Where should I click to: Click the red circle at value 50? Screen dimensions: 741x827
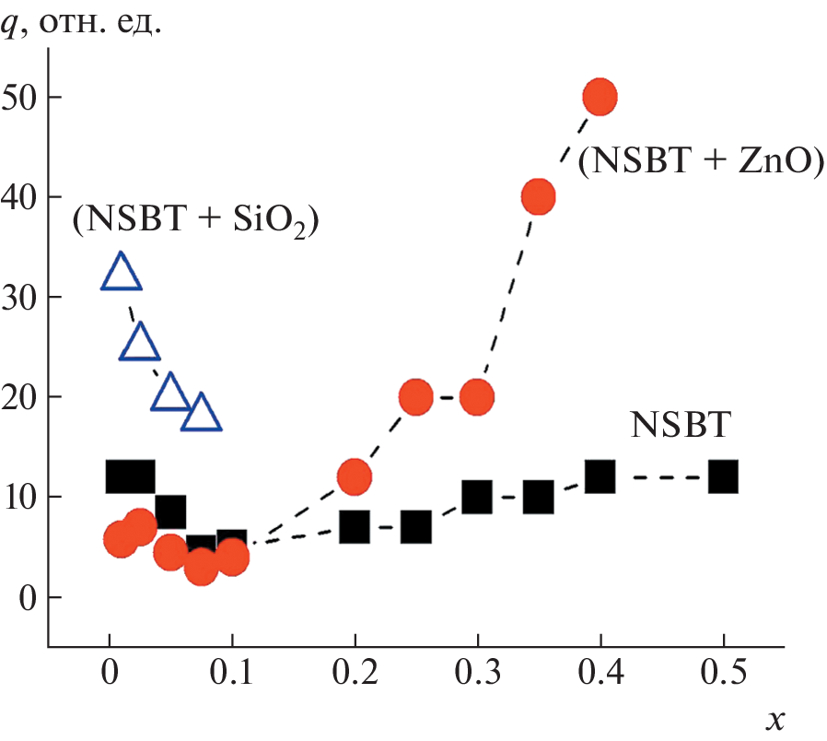tap(600, 96)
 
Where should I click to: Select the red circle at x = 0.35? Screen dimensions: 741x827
tap(538, 196)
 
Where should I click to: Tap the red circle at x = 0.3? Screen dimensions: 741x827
tap(477, 397)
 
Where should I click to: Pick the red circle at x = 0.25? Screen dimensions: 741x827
tap(416, 397)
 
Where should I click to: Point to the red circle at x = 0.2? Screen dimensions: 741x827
tap(355, 477)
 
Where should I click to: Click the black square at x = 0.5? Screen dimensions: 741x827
tap(723, 477)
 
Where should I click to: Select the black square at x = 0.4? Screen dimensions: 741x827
tap(600, 477)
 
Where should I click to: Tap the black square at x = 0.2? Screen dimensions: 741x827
tap(355, 527)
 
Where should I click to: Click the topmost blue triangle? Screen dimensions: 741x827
tap(121, 273)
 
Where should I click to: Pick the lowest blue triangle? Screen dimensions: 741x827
tap(202, 414)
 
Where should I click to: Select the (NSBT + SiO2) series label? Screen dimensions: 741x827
tap(196, 221)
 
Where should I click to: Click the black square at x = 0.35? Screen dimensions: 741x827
tap(538, 498)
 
